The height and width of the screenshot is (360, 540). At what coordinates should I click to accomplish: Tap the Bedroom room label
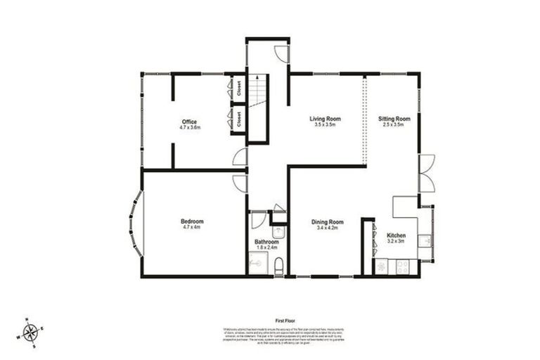[191, 221]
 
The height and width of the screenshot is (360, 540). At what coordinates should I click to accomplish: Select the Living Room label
[326, 119]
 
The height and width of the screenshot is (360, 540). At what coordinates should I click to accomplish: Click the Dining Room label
[328, 222]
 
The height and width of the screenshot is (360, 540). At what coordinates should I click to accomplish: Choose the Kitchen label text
[397, 236]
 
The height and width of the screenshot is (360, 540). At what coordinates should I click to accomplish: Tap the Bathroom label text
[266, 242]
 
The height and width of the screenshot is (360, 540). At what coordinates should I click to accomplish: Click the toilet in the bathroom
[279, 266]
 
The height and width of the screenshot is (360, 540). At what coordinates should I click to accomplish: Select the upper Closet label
[239, 89]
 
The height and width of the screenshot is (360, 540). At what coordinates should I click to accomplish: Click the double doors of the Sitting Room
[426, 172]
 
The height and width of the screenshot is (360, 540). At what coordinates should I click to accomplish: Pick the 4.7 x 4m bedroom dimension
[191, 227]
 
